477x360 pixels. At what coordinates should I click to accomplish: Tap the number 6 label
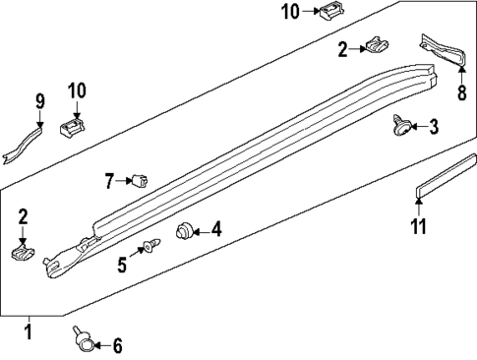117,345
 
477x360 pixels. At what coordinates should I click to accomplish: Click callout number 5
123,264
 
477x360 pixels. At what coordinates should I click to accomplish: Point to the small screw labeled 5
149,246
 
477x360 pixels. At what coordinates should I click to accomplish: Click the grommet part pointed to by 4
184,231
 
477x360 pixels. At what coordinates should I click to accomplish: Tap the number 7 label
110,180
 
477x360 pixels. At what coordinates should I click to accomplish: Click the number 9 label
40,101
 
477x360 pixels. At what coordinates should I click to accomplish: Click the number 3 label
434,127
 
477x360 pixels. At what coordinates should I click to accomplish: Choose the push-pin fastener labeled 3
400,125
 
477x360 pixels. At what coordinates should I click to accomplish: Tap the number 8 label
460,94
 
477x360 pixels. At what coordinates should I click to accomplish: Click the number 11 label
419,228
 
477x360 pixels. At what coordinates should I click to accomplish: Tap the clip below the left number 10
72,128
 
